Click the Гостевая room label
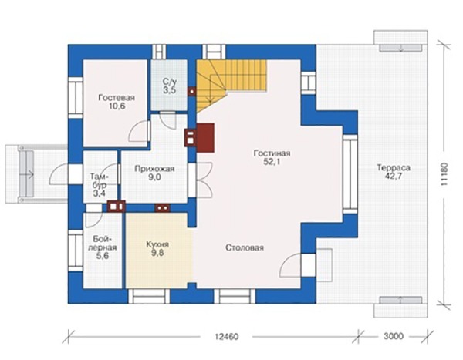point(117,98)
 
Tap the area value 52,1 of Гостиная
point(272,162)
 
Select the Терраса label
point(394,167)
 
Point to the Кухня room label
point(157,244)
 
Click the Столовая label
point(245,247)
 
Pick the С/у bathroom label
point(169,82)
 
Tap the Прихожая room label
point(154,169)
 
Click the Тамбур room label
point(100,180)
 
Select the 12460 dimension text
point(226,336)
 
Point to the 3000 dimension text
point(394,336)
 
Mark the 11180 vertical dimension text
point(445,174)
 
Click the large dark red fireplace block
point(205,138)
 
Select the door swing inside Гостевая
point(139,131)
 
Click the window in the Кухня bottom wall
point(149,296)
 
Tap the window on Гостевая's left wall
point(76,98)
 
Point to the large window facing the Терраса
point(350,174)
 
